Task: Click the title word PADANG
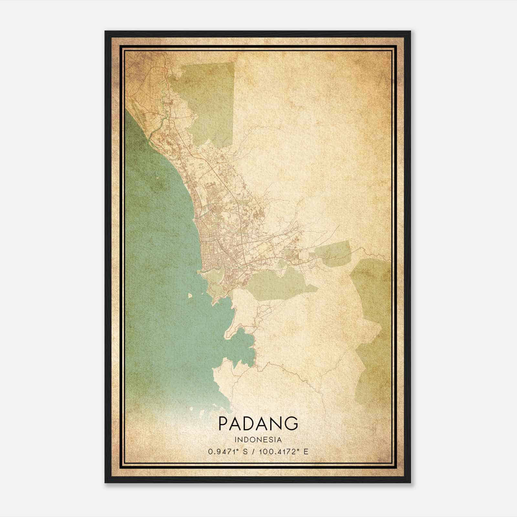point(258,423)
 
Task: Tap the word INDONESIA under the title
point(258,440)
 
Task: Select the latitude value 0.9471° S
point(228,451)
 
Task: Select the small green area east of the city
point(333,254)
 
